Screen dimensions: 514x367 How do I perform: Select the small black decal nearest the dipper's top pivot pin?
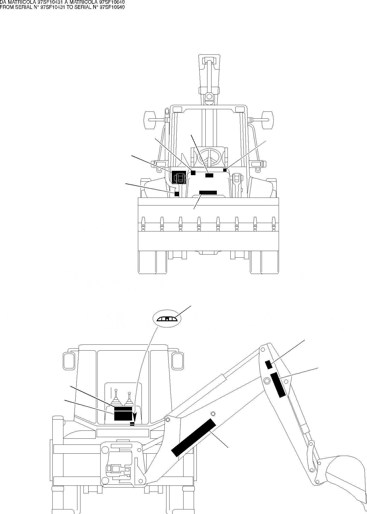[x=269, y=365]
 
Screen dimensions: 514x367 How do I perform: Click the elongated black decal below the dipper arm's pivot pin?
[x=278, y=385]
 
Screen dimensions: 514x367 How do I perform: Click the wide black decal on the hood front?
[x=208, y=192]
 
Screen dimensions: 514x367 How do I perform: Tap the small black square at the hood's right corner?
[x=225, y=170]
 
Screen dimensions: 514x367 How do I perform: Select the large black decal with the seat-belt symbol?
[x=179, y=177]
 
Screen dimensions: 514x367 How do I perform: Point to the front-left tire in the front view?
[x=147, y=262]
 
